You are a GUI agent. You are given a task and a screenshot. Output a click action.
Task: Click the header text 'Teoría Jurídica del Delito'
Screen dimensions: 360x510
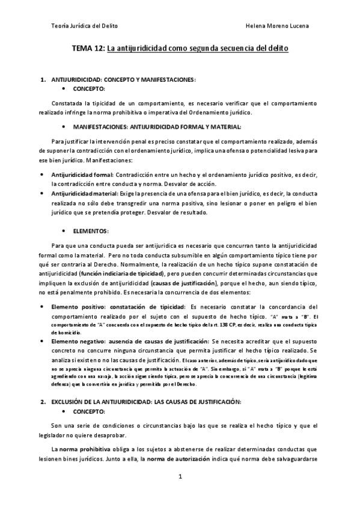pyautogui.click(x=85, y=26)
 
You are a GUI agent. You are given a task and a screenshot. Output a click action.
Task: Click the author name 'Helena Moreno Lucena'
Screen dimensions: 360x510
pyautogui.click(x=278, y=26)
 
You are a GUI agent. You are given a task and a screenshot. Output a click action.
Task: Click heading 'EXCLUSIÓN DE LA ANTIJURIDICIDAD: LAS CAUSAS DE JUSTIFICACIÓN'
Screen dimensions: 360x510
pyautogui.click(x=146, y=401)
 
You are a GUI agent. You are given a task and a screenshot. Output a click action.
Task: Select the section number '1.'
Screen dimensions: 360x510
pyautogui.click(x=43, y=79)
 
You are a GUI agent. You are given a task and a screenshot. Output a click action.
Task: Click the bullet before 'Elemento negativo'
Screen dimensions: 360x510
pyautogui.click(x=40, y=341)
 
